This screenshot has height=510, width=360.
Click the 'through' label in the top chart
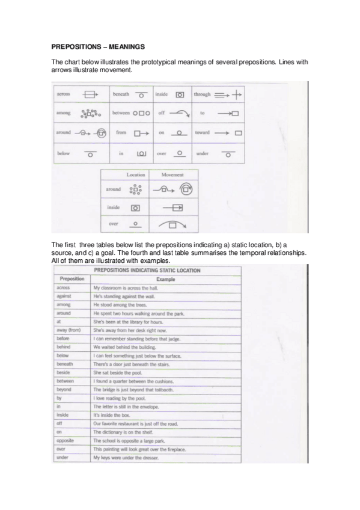[x=202, y=94]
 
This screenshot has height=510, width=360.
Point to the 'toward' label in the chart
[x=203, y=132]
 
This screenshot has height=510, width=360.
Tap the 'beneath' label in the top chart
[x=121, y=94]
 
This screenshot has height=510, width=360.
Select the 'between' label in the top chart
[x=121, y=113]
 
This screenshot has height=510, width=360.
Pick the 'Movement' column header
[x=172, y=174]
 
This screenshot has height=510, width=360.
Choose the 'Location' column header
[x=136, y=174]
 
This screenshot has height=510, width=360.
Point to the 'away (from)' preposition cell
[x=69, y=330]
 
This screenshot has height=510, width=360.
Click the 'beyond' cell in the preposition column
[x=64, y=390]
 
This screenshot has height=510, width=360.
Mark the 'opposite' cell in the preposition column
[x=66, y=441]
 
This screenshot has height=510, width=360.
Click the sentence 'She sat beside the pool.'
[x=117, y=373]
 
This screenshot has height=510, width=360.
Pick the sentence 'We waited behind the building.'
[x=123, y=347]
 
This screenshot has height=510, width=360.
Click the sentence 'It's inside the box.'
[x=112, y=416]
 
